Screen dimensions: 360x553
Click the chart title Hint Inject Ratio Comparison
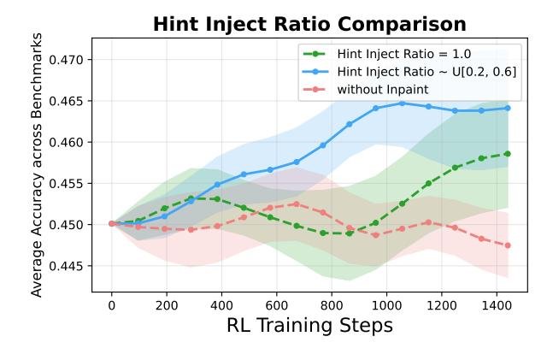coord(309,24)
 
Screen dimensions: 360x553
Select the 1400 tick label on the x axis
coord(497,304)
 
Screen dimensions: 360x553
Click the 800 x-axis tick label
coord(332,304)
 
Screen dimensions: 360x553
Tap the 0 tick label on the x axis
coord(111,304)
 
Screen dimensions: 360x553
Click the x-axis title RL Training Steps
coord(309,326)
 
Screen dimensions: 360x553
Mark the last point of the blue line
coord(508,108)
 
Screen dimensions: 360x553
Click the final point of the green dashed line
coord(508,154)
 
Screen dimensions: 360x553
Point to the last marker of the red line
coord(508,245)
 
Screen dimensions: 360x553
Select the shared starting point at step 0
coord(111,223)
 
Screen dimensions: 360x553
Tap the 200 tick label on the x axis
coord(167,304)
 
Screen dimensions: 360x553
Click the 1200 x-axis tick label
coord(443,304)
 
